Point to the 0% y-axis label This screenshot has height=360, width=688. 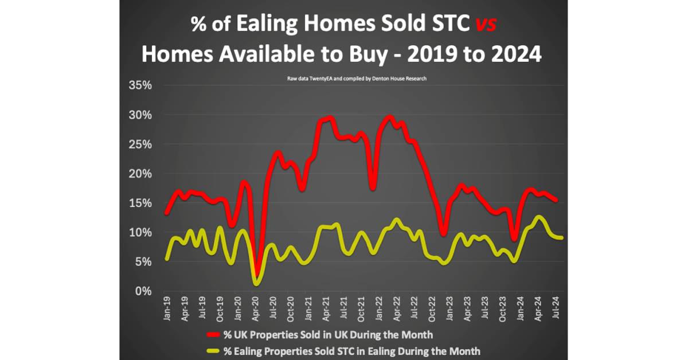[143, 291]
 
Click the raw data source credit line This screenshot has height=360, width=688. [357, 78]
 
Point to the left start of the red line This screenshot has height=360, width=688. [166, 213]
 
